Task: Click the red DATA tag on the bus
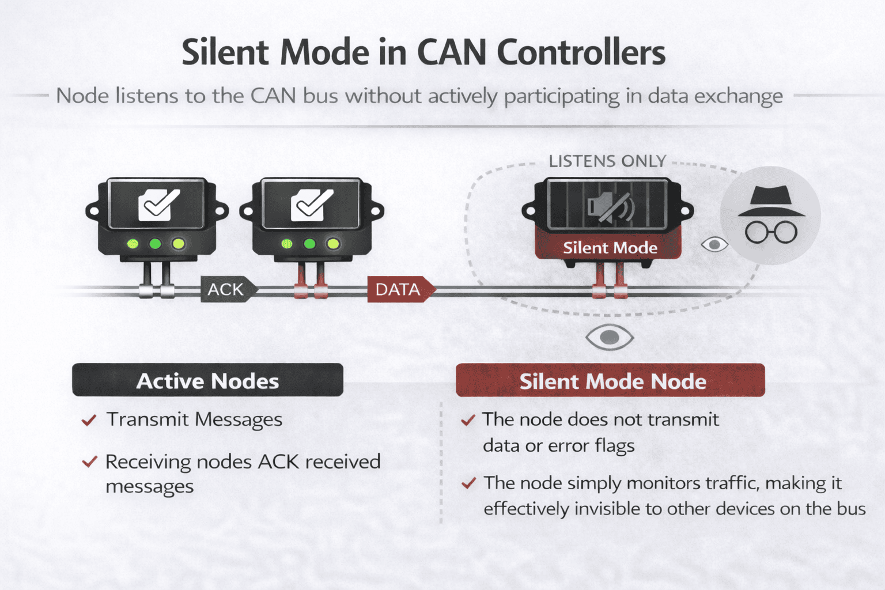(399, 289)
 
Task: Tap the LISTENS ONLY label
(607, 161)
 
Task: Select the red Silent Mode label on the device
(610, 248)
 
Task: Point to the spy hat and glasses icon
(771, 215)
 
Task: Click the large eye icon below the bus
(610, 337)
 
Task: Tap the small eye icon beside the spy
(714, 245)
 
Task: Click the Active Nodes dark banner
(207, 380)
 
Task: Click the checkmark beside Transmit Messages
(89, 420)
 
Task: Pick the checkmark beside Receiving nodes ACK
(89, 462)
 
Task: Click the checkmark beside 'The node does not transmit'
(468, 420)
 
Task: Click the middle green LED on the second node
(309, 244)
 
